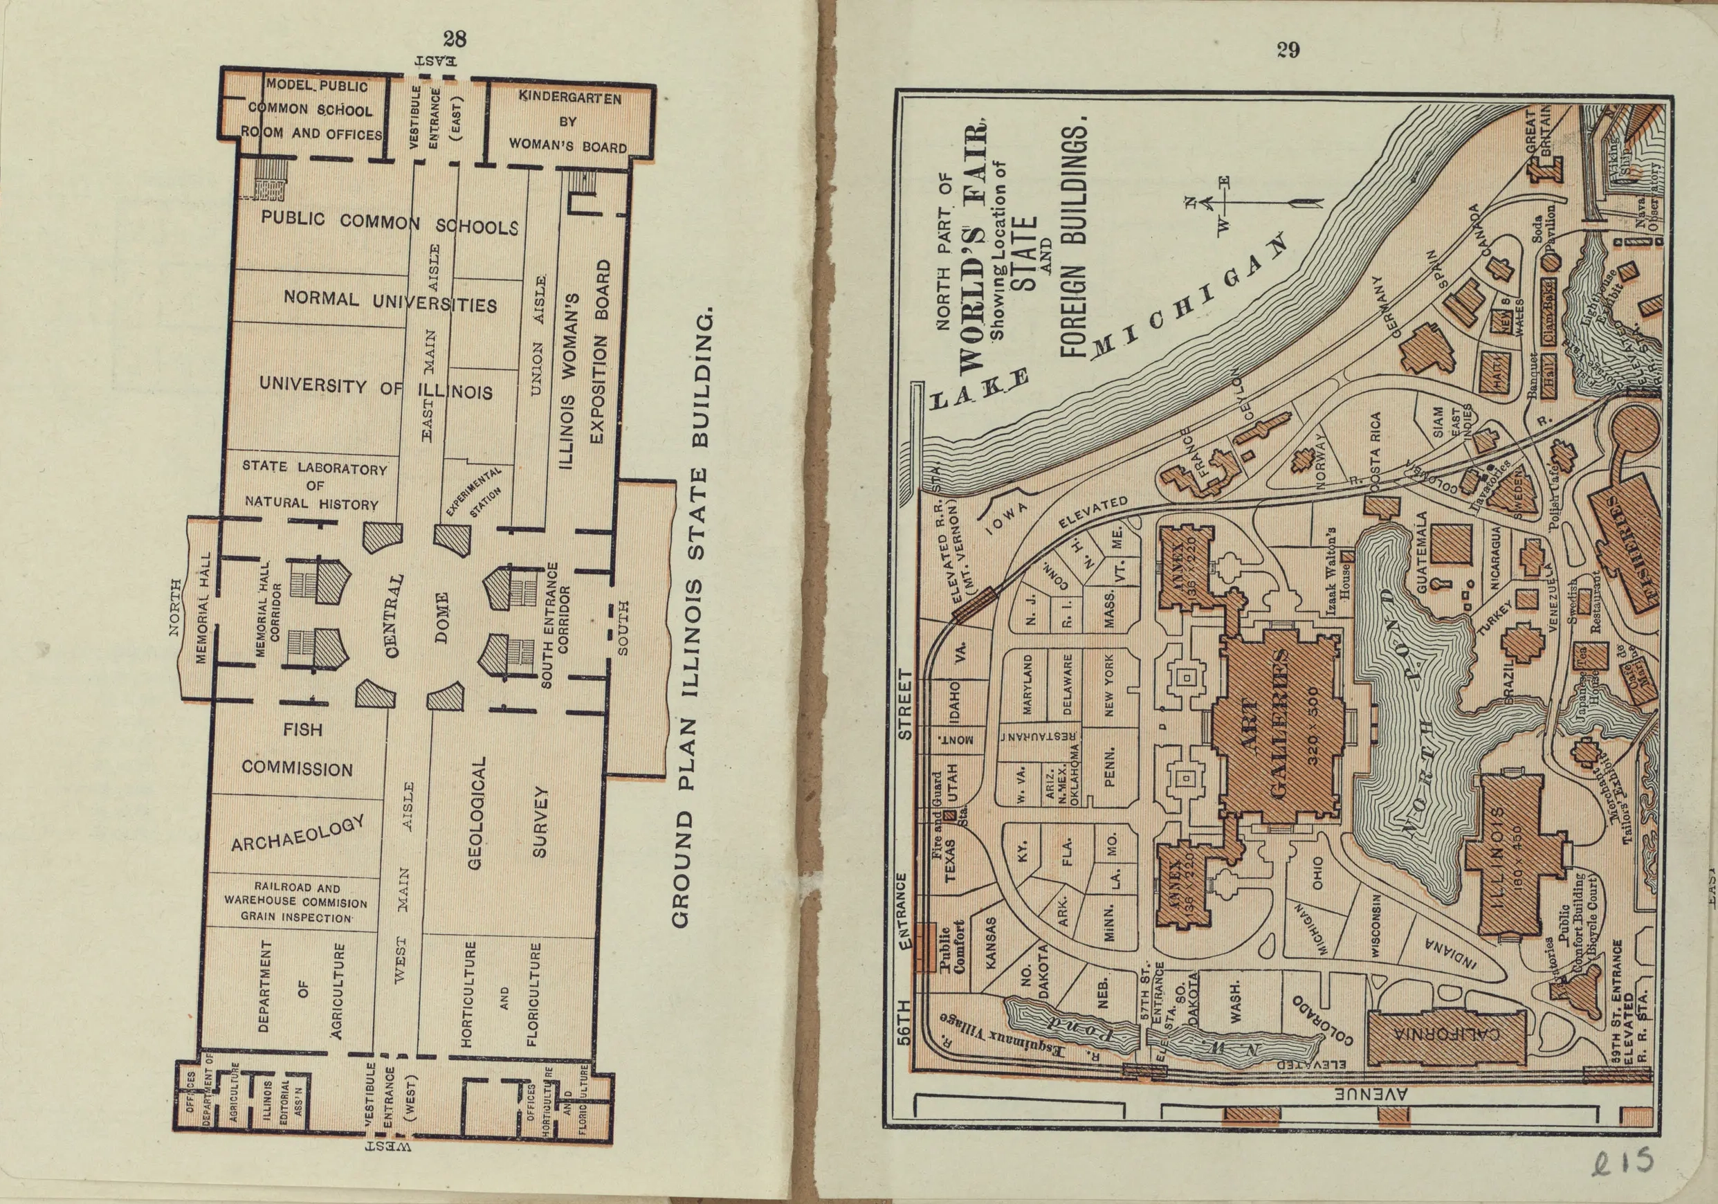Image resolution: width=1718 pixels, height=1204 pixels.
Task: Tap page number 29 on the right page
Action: [x=1288, y=50]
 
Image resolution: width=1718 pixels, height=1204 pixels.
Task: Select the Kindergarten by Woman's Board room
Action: [x=569, y=121]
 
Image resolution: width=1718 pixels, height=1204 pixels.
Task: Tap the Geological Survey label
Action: [x=509, y=812]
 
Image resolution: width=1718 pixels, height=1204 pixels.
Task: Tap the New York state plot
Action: [x=1108, y=683]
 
